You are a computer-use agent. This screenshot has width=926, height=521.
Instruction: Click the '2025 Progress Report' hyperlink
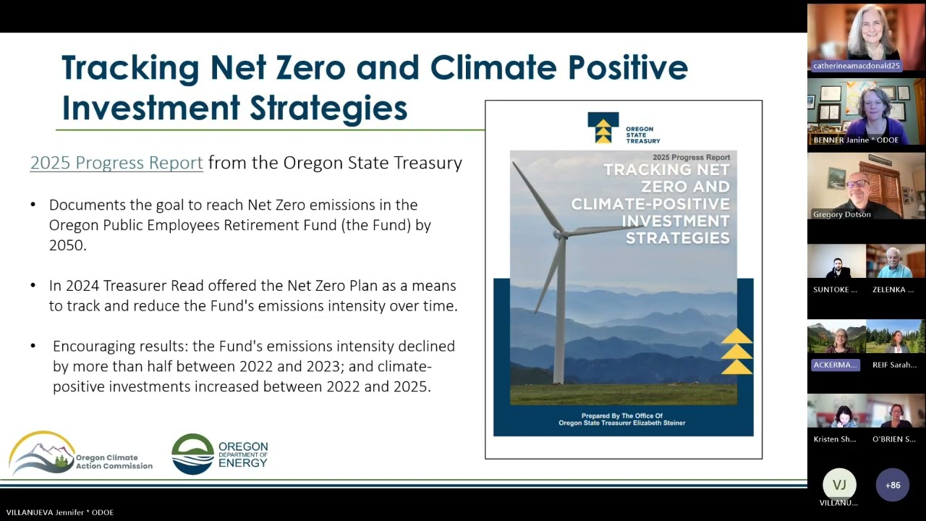click(116, 163)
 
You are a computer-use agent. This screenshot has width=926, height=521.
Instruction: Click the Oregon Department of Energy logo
click(219, 454)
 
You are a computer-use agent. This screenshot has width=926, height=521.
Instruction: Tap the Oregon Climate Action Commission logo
click(80, 454)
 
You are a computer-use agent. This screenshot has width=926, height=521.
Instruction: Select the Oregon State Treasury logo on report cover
click(623, 129)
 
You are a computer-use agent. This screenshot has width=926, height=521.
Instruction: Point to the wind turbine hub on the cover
click(559, 234)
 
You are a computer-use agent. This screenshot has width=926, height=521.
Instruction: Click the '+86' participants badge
click(892, 485)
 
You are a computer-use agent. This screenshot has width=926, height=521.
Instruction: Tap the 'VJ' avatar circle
click(839, 485)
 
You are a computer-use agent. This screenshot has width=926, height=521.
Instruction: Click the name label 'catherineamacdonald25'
click(857, 66)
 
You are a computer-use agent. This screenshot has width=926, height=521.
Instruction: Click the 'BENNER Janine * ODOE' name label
click(856, 140)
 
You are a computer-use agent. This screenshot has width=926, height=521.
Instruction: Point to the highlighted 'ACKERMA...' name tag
click(836, 365)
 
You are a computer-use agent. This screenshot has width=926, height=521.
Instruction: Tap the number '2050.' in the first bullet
click(68, 245)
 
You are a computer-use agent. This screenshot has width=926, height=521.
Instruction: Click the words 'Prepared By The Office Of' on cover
click(621, 415)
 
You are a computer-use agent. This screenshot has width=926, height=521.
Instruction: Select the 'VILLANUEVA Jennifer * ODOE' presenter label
click(59, 512)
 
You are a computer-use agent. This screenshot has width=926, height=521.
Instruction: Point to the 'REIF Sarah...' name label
click(894, 365)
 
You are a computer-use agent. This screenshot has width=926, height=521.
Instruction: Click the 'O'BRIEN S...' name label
click(894, 439)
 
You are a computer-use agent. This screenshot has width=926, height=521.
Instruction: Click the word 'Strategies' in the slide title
click(328, 108)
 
